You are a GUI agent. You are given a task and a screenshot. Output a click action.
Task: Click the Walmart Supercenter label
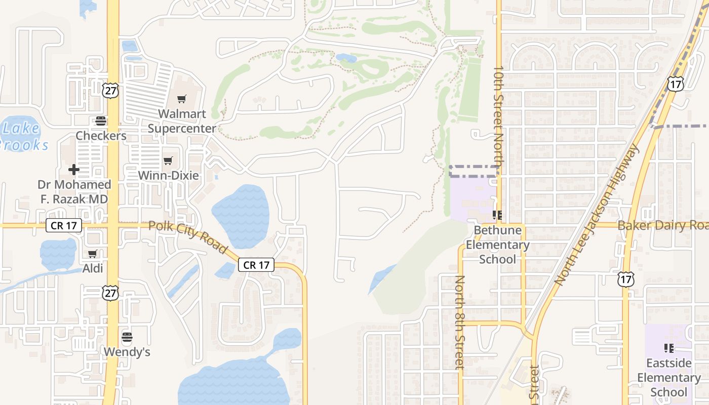tap(182, 121)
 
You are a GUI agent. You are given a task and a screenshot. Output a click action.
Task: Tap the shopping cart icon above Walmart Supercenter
tap(182, 99)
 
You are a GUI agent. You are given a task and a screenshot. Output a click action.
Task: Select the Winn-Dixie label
tap(169, 176)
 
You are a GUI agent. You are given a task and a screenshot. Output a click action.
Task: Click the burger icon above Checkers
tap(101, 121)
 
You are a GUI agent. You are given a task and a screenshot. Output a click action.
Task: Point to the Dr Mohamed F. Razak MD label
tap(75, 192)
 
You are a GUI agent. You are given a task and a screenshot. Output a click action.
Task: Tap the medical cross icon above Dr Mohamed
tap(74, 169)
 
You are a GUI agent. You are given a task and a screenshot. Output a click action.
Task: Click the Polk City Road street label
tap(188, 237)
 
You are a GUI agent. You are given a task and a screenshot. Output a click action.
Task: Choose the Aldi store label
tap(93, 268)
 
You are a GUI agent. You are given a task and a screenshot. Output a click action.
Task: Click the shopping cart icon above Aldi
tap(92, 254)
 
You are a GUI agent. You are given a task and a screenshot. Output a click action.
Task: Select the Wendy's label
tap(127, 351)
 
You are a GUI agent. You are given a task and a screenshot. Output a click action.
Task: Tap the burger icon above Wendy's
tap(127, 337)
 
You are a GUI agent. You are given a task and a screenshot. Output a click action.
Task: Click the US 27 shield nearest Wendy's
tap(110, 292)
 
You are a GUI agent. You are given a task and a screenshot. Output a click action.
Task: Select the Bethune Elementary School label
tap(497, 245)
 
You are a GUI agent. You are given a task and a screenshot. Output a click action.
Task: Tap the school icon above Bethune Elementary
tap(497, 216)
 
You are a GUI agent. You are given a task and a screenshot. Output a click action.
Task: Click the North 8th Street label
tap(460, 322)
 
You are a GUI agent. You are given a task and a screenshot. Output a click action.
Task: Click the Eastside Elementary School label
tap(668, 378)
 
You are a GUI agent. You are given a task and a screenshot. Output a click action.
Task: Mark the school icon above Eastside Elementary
tap(668, 348)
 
